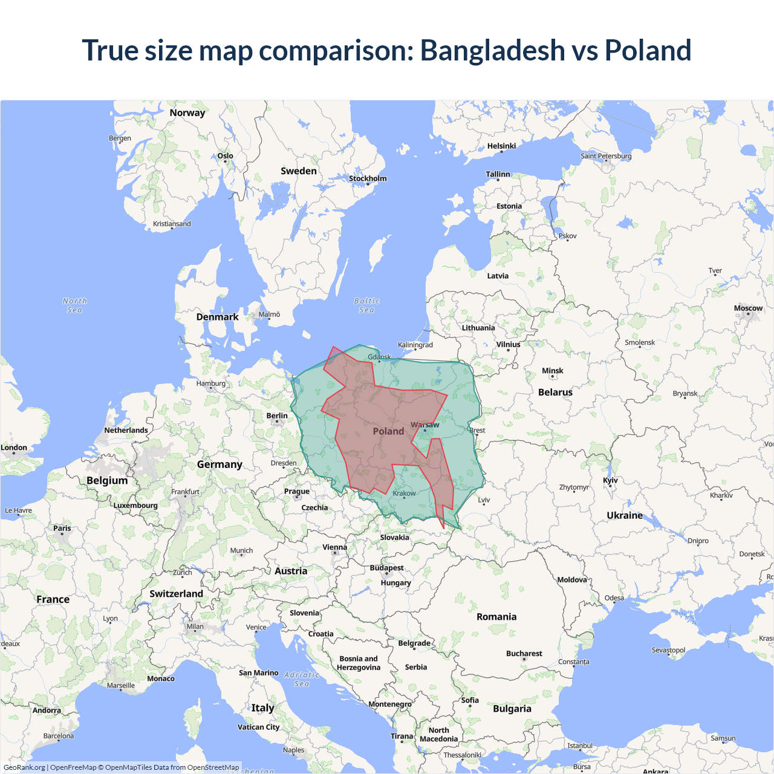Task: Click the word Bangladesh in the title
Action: pyautogui.click(x=492, y=50)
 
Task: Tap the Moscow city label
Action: pyautogui.click(x=748, y=308)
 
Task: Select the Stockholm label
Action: pyautogui.click(x=368, y=178)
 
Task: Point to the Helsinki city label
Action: pyautogui.click(x=501, y=146)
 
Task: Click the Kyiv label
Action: pyautogui.click(x=610, y=480)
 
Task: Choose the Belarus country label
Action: pyautogui.click(x=555, y=392)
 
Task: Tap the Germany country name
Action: pyautogui.click(x=220, y=464)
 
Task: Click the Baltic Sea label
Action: pyautogui.click(x=366, y=305)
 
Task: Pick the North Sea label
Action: pyautogui.click(x=74, y=305)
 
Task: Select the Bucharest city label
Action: pyautogui.click(x=524, y=654)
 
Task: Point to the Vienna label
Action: pyautogui.click(x=334, y=547)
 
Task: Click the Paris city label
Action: pyautogui.click(x=62, y=528)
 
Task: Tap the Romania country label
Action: pyautogui.click(x=496, y=617)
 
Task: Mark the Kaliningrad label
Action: pyautogui.click(x=415, y=345)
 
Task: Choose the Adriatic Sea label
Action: pyautogui.click(x=301, y=679)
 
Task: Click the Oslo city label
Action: pyautogui.click(x=225, y=155)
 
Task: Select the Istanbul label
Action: pyautogui.click(x=579, y=746)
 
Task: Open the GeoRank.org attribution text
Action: pyautogui.click(x=24, y=767)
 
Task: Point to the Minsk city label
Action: pyautogui.click(x=552, y=371)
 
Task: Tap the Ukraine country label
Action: pyautogui.click(x=625, y=515)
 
